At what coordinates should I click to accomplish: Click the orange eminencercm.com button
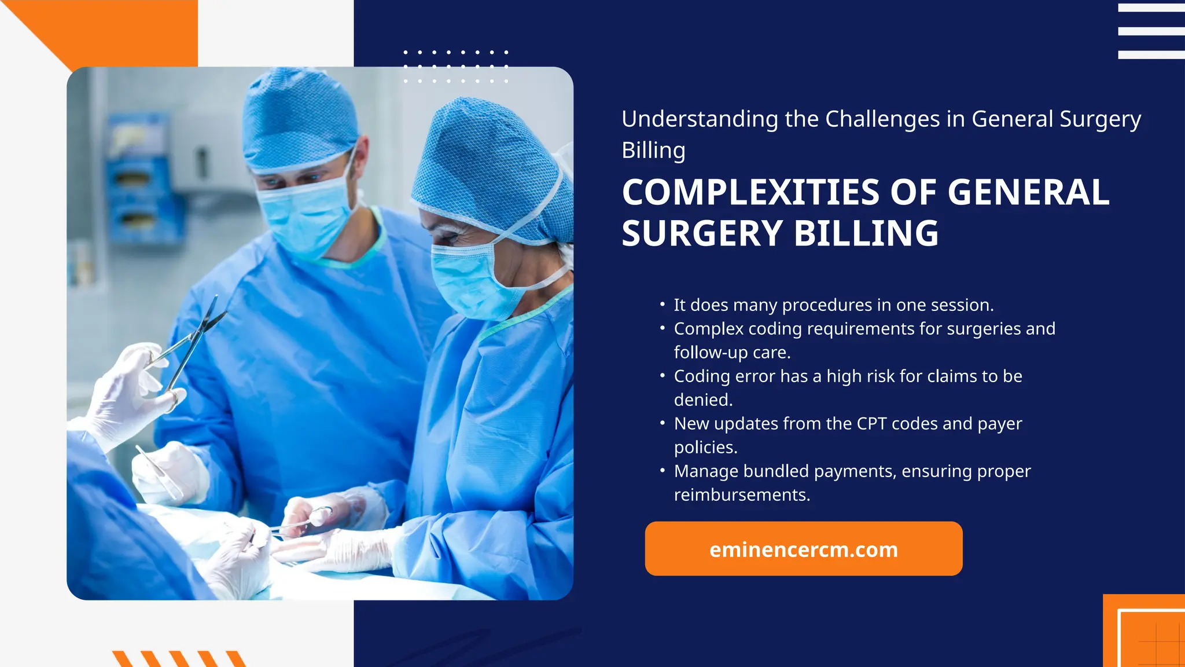pyautogui.click(x=803, y=548)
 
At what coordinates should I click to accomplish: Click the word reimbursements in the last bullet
pyautogui.click(x=741, y=495)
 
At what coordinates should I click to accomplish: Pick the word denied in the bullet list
pyautogui.click(x=702, y=400)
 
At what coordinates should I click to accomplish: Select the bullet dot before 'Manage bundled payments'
pyautogui.click(x=662, y=470)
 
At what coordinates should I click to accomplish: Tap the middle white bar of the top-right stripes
pyautogui.click(x=1151, y=31)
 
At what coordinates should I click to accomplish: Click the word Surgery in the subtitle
pyautogui.click(x=1100, y=119)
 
